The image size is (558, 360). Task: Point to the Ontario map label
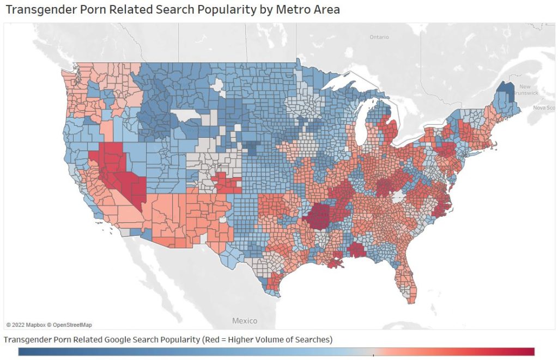tap(379, 37)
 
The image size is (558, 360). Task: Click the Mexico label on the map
tap(244, 320)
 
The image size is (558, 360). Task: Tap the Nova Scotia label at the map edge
tap(545, 107)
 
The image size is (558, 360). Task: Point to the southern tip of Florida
tap(416, 298)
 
